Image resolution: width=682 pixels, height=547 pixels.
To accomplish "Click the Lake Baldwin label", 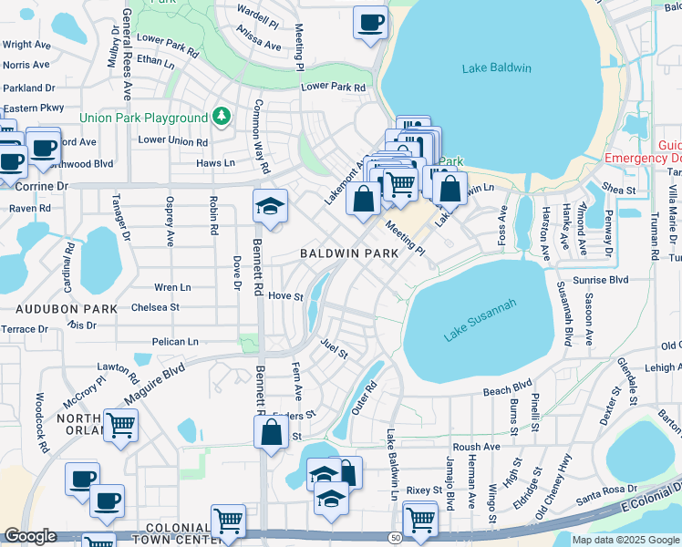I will point(496,68).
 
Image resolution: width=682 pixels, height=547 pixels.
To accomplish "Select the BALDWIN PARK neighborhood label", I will point(349,253).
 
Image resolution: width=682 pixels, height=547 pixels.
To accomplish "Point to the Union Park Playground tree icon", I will point(221,118).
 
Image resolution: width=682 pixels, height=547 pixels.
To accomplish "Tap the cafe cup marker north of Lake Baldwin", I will point(369,23).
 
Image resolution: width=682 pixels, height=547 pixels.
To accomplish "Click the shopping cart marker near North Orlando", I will point(120,426).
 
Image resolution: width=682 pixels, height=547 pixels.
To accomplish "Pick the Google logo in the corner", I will point(30,536).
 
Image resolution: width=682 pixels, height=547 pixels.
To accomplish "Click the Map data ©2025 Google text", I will point(625,540).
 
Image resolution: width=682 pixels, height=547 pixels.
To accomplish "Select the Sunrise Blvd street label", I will point(601,281).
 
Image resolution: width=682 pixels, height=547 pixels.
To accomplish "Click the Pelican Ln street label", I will point(175,342).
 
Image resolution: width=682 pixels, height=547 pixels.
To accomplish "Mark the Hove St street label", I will point(285,296).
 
